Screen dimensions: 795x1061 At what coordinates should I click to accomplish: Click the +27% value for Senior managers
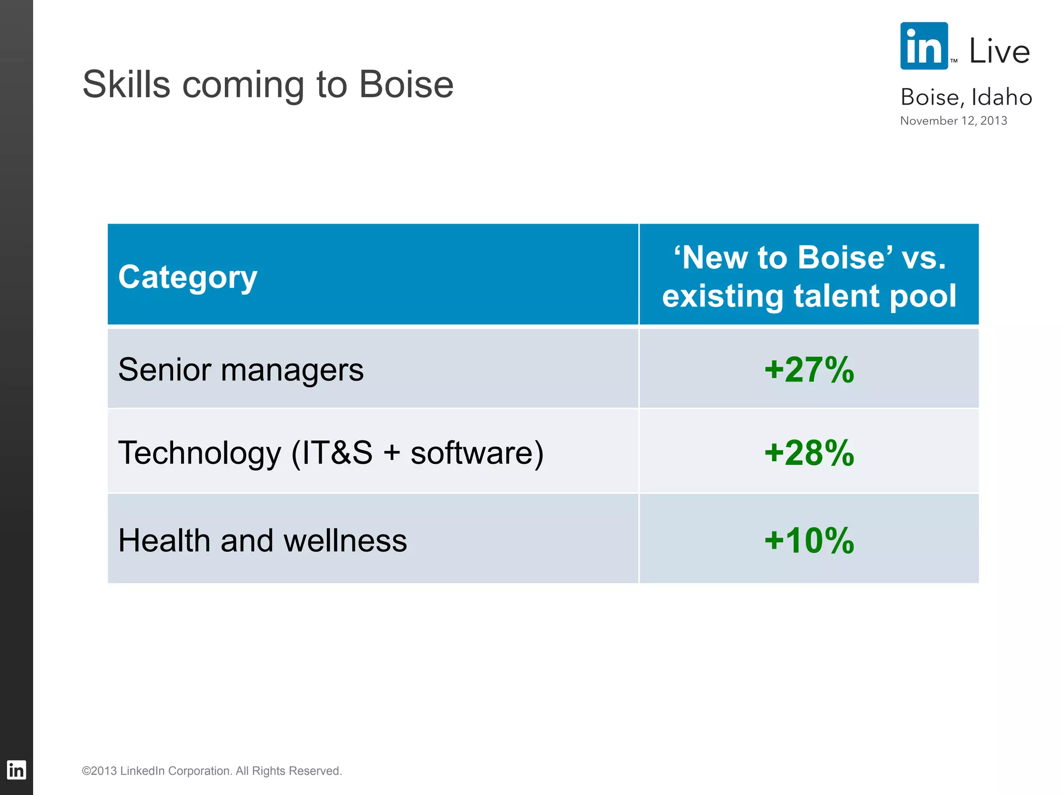tap(809, 370)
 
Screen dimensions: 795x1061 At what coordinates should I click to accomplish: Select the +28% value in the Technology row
tap(809, 453)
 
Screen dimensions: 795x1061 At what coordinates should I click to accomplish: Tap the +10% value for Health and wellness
tap(809, 540)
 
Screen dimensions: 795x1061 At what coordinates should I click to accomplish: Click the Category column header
tap(188, 277)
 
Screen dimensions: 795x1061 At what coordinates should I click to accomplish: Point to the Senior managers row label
tap(241, 370)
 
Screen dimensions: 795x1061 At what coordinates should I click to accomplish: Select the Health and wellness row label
tap(262, 540)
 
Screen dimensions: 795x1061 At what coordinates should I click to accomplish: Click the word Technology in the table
tap(199, 453)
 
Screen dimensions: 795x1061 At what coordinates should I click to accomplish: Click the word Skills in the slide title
tap(126, 84)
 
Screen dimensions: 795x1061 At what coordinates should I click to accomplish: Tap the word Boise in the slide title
tap(406, 84)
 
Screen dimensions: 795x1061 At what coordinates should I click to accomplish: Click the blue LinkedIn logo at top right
tap(924, 46)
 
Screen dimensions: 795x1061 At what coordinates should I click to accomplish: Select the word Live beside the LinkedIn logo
tap(999, 51)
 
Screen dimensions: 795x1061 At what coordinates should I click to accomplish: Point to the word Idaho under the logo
tap(1001, 97)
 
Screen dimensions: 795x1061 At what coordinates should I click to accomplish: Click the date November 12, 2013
tap(953, 121)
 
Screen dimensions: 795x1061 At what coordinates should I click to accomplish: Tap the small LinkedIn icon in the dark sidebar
tap(16, 770)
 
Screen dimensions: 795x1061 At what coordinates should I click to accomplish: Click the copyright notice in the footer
tap(212, 771)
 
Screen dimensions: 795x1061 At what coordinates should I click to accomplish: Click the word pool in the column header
tap(927, 296)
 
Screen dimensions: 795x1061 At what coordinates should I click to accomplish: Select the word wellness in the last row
tap(345, 540)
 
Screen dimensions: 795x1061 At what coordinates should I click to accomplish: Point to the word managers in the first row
tap(292, 370)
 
